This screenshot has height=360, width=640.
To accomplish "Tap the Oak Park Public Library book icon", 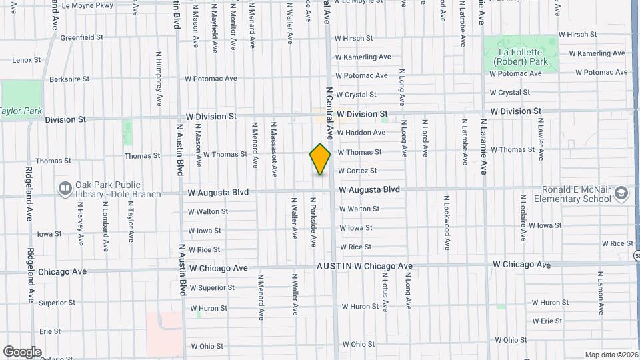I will click(x=64, y=189).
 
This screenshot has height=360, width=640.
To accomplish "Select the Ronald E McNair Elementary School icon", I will click(x=621, y=193).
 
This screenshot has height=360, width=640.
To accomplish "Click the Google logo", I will click(x=22, y=351).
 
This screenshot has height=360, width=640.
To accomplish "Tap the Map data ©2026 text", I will click(x=610, y=355).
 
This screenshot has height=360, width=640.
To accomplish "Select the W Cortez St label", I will click(x=358, y=171).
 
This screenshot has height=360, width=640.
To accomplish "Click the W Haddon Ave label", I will click(x=361, y=133).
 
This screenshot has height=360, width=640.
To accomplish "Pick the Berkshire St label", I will click(x=69, y=79).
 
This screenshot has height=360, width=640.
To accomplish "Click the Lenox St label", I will click(x=27, y=60).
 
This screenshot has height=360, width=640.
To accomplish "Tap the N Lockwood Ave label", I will click(x=447, y=223).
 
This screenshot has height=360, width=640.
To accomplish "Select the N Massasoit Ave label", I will click(x=273, y=149).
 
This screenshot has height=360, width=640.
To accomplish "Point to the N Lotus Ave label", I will click(x=385, y=291).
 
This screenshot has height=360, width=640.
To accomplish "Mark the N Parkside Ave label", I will click(x=313, y=222).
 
